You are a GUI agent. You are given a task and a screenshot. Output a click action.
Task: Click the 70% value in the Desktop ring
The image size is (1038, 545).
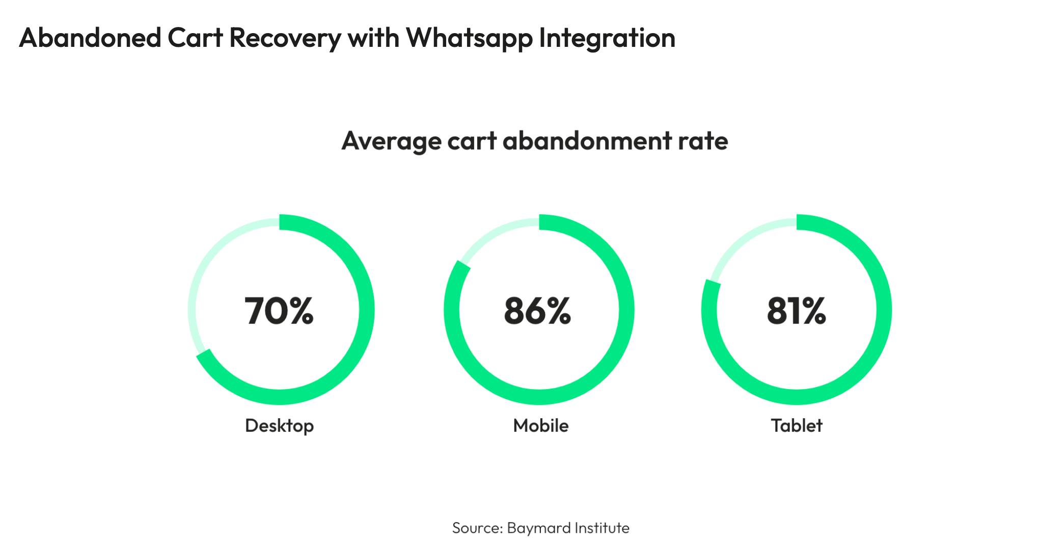point(279,311)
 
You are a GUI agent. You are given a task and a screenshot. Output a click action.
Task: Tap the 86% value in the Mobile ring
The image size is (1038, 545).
point(537,311)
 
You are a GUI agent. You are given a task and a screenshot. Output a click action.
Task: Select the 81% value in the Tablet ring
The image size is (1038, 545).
point(796,311)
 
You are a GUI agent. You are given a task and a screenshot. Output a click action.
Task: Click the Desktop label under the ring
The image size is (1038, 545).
point(279,425)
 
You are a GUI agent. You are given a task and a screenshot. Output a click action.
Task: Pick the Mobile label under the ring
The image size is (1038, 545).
point(540,425)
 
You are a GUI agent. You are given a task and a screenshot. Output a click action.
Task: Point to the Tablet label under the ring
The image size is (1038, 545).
point(797,425)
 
